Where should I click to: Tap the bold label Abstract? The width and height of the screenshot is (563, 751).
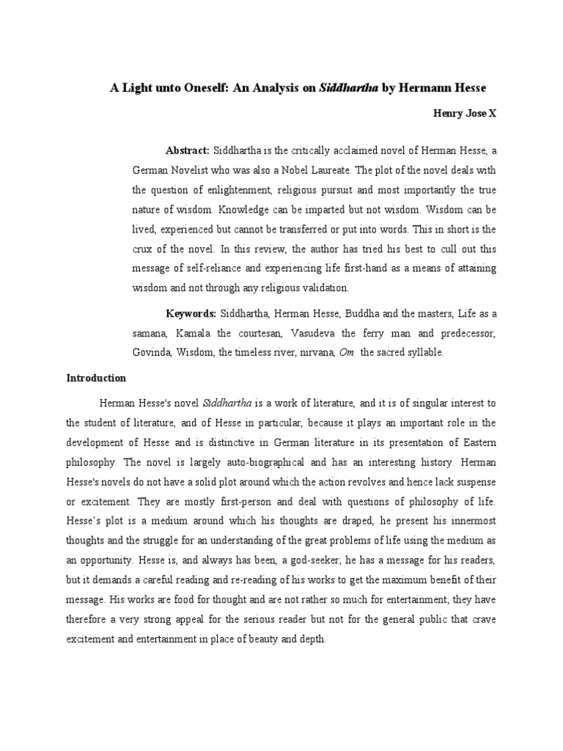click(x=188, y=150)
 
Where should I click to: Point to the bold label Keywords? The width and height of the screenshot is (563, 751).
click(x=191, y=314)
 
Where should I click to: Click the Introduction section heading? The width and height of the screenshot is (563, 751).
click(x=96, y=378)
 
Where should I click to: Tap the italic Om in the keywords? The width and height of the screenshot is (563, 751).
click(x=347, y=353)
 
